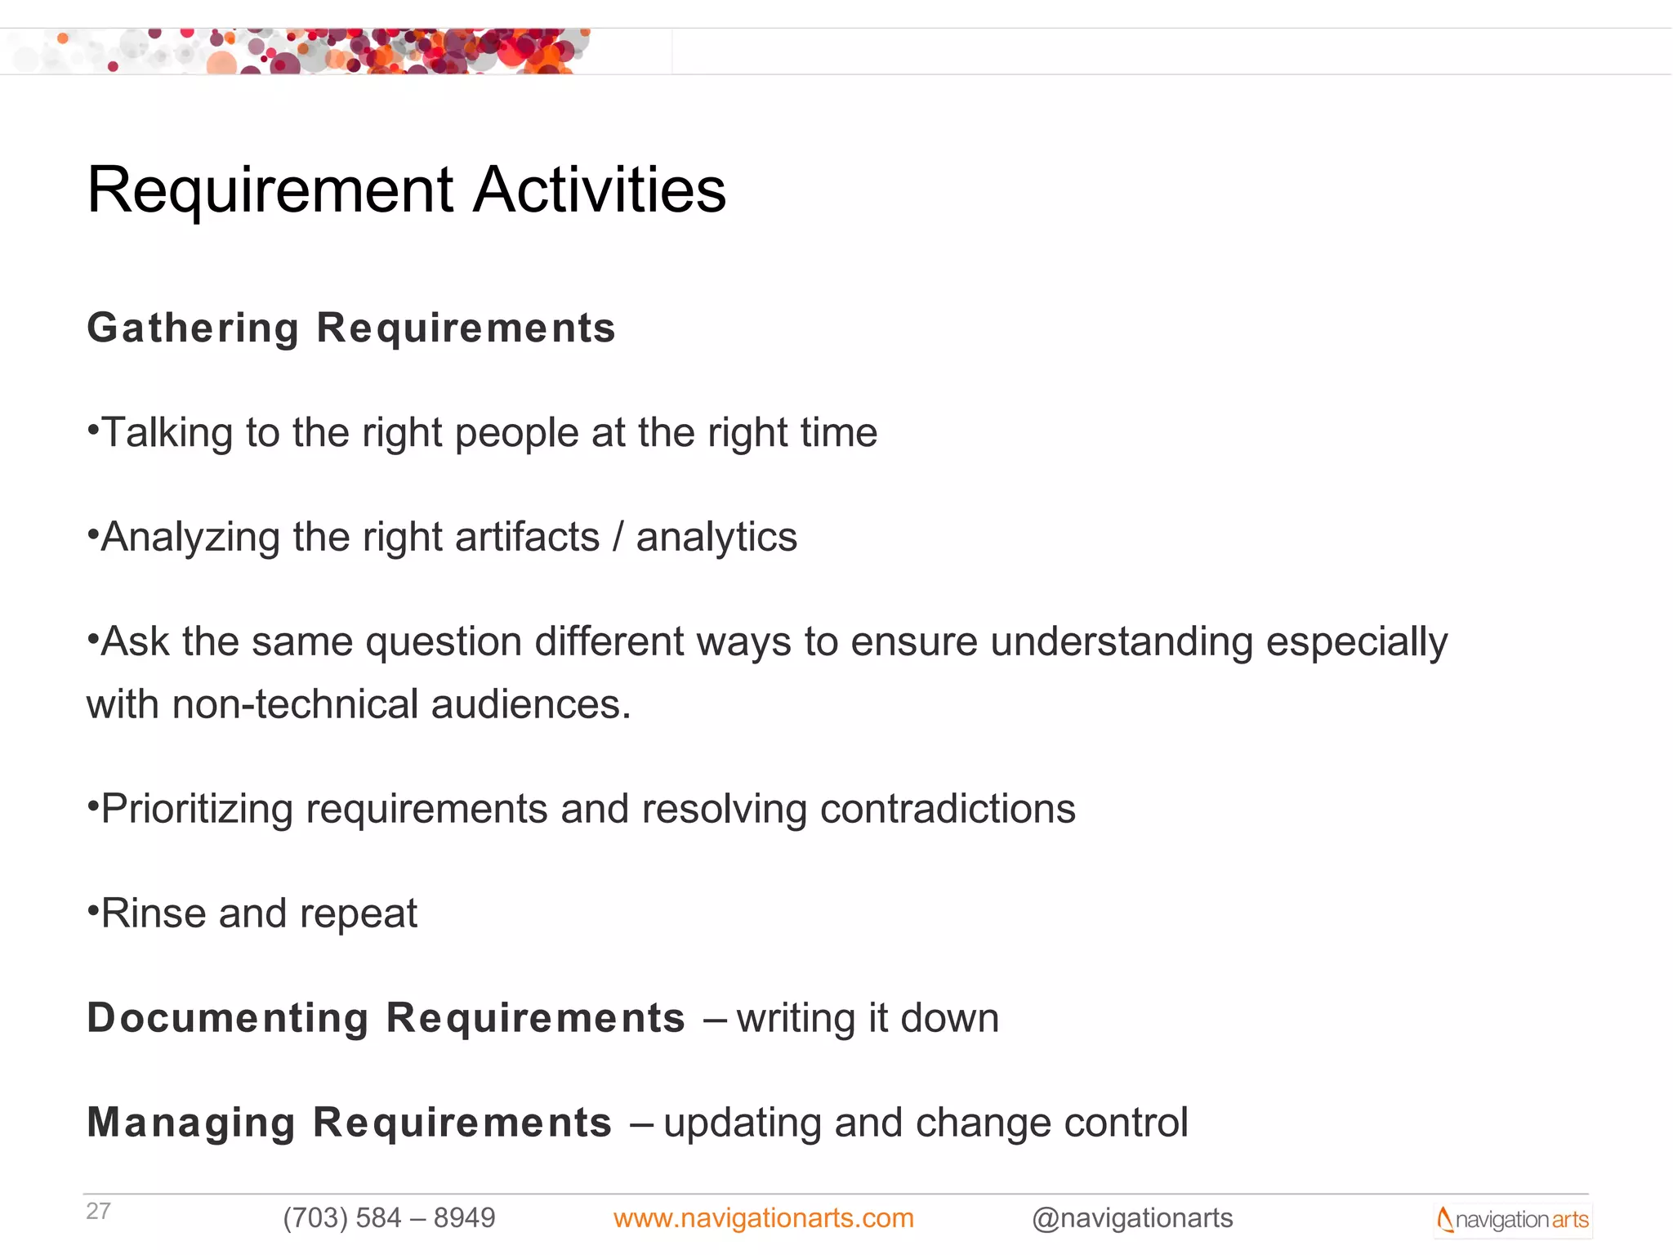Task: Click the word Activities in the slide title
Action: click(600, 190)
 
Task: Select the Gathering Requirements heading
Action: click(351, 328)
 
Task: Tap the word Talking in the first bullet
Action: click(167, 433)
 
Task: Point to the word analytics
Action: click(716, 538)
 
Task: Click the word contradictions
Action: click(948, 809)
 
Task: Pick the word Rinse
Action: click(154, 913)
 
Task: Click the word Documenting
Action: click(228, 1019)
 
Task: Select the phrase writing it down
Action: click(868, 1019)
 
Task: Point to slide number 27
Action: click(98, 1211)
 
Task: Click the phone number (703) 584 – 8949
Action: click(389, 1218)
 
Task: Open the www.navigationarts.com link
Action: click(763, 1218)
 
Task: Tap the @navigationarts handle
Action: click(1132, 1218)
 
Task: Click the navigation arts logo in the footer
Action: click(1513, 1220)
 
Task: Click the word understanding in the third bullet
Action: click(1122, 642)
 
